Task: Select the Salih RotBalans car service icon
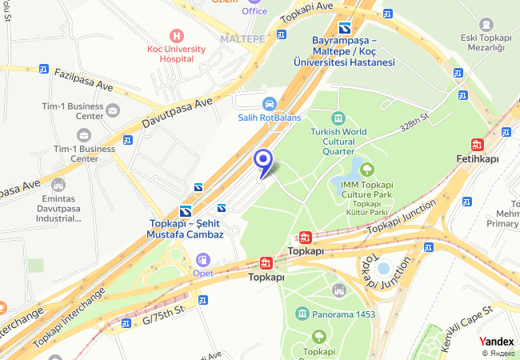point(270,103)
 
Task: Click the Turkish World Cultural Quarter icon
point(338,118)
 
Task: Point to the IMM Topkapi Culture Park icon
point(367,169)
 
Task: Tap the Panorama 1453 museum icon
point(302,314)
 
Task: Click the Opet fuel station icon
point(202,259)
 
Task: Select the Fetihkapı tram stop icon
point(478,145)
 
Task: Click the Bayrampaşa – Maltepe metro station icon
point(343,28)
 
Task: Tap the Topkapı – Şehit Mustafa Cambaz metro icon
point(185,211)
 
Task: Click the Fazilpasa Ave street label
point(84,79)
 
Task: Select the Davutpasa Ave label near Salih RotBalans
point(177,114)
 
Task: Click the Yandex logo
point(496,341)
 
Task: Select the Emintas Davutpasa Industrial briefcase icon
point(58,185)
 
